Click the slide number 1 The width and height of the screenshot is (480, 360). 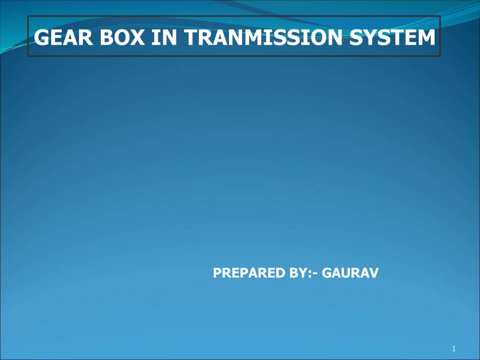point(453,349)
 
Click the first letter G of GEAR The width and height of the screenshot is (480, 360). point(42,37)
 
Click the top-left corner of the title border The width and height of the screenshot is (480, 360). point(28,17)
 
